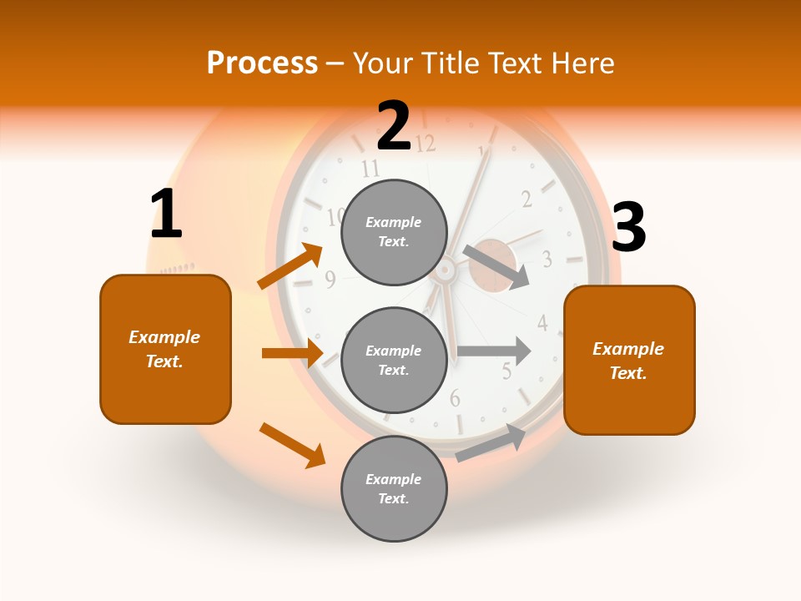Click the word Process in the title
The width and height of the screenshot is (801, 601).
[x=262, y=63]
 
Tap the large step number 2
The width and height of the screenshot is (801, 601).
[x=394, y=126]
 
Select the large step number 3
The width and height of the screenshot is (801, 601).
[x=629, y=228]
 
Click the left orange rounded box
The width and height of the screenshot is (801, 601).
[x=165, y=349]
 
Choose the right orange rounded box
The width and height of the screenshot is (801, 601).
[x=629, y=360]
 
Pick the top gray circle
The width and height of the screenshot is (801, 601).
[x=394, y=232]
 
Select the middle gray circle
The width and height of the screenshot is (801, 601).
[x=394, y=360]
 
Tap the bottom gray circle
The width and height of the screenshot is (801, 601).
[x=394, y=488]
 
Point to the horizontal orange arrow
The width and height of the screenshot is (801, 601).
[x=292, y=353]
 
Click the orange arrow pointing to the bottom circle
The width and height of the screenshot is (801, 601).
[x=293, y=445]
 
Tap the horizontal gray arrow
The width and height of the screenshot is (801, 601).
[x=494, y=351]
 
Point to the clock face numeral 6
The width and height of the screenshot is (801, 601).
[x=455, y=398]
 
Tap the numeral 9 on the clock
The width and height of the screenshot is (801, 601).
[x=330, y=280]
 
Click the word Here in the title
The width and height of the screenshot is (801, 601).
[x=583, y=63]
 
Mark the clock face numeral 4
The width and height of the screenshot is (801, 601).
[x=542, y=323]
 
